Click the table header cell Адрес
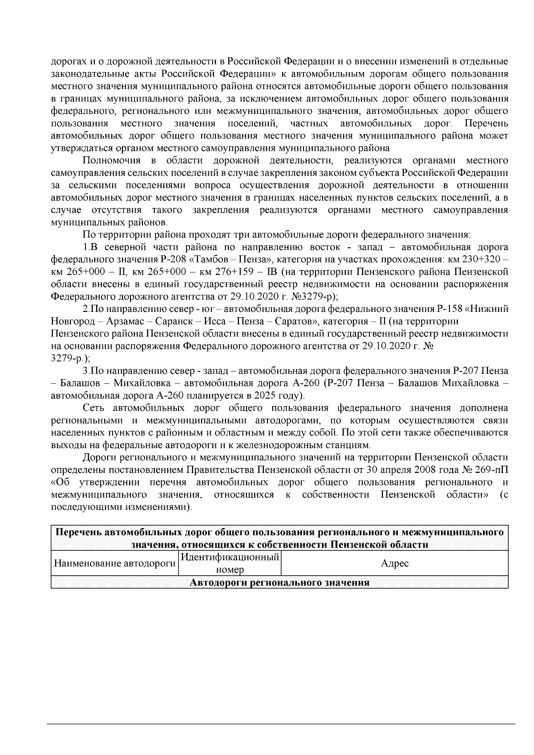(395, 564)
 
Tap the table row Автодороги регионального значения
(280, 583)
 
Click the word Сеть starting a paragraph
(95, 408)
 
